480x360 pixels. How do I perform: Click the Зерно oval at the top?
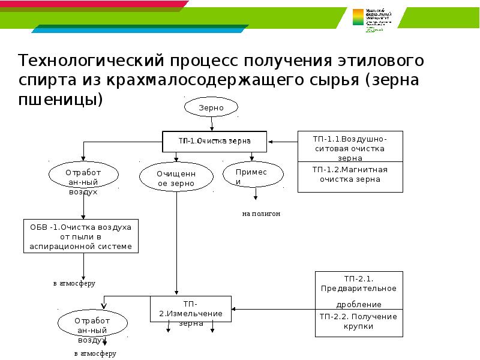pyautogui.click(x=212, y=108)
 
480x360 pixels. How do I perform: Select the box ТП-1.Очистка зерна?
pyautogui.click(x=214, y=141)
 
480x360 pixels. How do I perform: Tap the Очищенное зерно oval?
pyautogui.click(x=176, y=178)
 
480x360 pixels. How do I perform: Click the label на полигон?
pyautogui.click(x=261, y=214)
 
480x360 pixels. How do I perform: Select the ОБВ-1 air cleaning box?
pyautogui.click(x=81, y=237)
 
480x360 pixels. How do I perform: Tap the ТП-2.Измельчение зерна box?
pyautogui.click(x=191, y=310)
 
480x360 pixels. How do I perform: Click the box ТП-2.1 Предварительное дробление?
pyautogui.click(x=359, y=291)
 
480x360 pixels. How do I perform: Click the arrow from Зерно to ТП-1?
pyautogui.click(x=212, y=124)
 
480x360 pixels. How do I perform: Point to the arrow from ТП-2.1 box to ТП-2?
pyautogui.click(x=273, y=310)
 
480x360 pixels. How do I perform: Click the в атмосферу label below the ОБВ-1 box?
pyautogui.click(x=74, y=283)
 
